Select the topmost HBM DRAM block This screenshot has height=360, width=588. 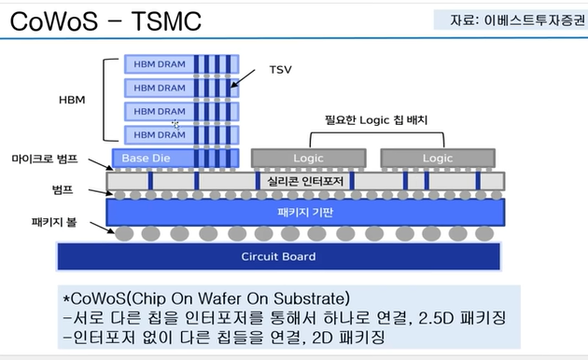[161, 63]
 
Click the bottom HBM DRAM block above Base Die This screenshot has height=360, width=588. [161, 135]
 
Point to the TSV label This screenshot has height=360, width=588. [281, 70]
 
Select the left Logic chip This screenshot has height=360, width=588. [308, 158]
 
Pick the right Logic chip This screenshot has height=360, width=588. [437, 158]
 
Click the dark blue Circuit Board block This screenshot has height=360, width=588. [278, 256]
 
